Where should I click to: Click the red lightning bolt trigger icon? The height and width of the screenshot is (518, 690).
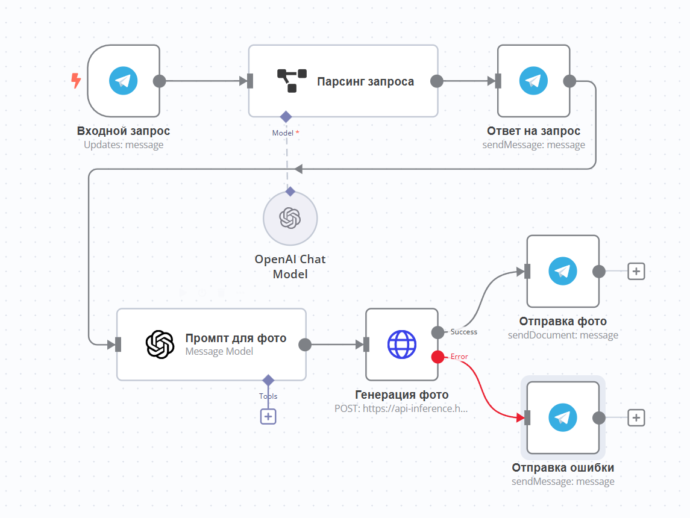tap(76, 81)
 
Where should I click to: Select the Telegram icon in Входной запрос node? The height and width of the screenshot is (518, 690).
tap(124, 81)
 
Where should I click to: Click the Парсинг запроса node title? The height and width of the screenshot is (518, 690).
tap(365, 81)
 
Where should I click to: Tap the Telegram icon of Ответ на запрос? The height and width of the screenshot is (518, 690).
tap(533, 81)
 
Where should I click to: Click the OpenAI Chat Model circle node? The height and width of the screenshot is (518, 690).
tap(290, 219)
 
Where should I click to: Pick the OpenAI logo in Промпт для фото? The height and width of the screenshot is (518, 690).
tap(160, 345)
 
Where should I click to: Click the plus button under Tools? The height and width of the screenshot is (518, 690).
tap(268, 416)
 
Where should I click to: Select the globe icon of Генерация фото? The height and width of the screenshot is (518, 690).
tap(401, 345)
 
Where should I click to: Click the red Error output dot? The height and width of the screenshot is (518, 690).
tap(438, 357)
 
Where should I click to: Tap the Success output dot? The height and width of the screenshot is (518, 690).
tap(438, 332)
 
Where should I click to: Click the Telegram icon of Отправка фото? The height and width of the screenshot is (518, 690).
tap(563, 271)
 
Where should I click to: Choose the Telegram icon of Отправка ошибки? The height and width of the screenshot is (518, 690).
tap(563, 417)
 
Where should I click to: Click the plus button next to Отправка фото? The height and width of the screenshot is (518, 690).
tap(636, 271)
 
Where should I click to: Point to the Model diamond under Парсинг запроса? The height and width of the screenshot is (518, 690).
tap(286, 116)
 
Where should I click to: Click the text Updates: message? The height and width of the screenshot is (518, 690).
tap(124, 145)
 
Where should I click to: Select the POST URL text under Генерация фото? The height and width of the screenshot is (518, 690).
tap(401, 408)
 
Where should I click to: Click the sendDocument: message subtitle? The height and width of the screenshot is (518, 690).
tap(563, 335)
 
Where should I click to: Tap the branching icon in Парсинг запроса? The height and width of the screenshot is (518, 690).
tap(292, 81)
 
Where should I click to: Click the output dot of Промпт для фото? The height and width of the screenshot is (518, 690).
tap(305, 345)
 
